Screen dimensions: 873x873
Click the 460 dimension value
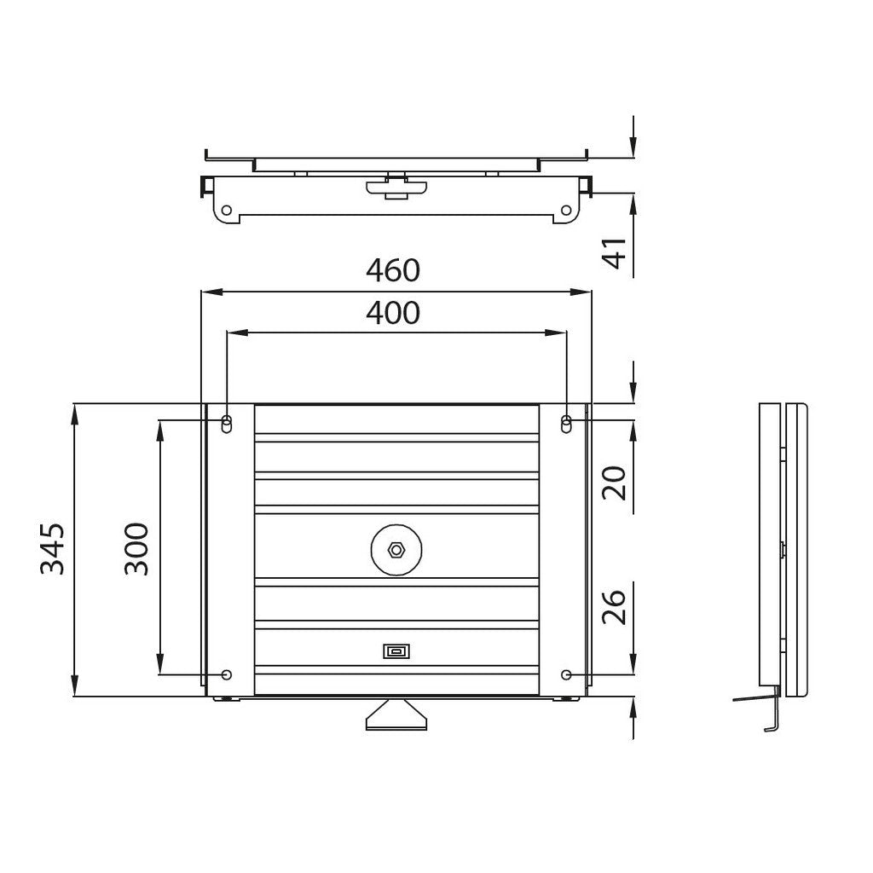point(393,270)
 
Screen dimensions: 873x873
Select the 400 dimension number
point(393,313)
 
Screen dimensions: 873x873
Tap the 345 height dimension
point(53,548)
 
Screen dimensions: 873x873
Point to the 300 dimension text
point(137,548)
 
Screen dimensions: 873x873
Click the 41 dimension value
point(616,252)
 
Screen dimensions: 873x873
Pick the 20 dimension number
point(616,483)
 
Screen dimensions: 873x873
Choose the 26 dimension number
point(616,607)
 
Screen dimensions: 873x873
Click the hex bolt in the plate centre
point(396,550)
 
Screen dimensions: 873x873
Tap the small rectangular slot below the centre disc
point(396,650)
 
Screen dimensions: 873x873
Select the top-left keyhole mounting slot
point(227,424)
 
